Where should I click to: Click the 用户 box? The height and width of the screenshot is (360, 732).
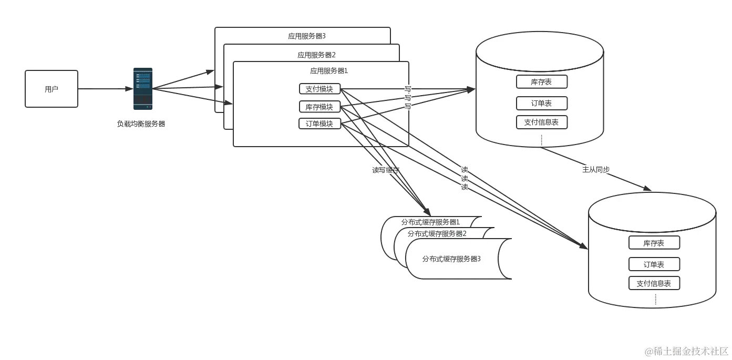coord(51,89)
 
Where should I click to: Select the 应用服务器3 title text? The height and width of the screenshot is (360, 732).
coord(307,36)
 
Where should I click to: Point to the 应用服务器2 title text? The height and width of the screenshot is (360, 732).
coord(316,54)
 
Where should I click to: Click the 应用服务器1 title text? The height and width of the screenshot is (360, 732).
coord(329,70)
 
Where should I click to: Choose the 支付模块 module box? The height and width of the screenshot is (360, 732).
coord(319,89)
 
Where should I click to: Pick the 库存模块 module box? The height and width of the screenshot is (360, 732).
coord(319,107)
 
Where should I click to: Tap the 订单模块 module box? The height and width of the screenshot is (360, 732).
coord(319,124)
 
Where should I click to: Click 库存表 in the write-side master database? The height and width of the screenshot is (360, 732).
coord(541,82)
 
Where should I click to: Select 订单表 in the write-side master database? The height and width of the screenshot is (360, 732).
coord(541,103)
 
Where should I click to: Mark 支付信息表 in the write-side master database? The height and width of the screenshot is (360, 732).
coord(541,122)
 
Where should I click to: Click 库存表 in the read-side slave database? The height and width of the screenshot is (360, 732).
coord(654,243)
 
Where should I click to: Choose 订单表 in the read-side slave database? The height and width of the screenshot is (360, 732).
coord(654,264)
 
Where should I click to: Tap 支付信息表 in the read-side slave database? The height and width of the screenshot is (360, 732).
coord(654,283)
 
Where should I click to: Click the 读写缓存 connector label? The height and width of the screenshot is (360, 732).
coord(385,170)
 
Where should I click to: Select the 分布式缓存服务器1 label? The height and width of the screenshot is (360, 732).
coord(430,222)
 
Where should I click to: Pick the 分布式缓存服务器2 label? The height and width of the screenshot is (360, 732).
coord(437,233)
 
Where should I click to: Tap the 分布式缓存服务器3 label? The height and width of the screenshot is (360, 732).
coord(451,259)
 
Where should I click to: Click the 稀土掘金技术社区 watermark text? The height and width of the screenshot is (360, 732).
coord(686,351)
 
